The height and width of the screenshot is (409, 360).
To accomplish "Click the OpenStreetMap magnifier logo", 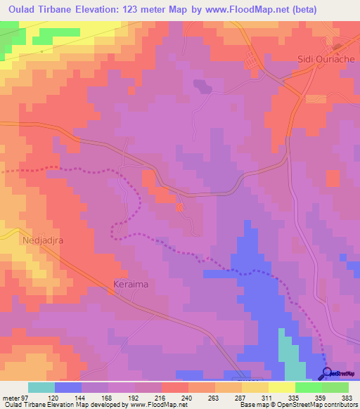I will click(327, 372).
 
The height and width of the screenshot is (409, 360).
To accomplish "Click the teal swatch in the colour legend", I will click(41, 387).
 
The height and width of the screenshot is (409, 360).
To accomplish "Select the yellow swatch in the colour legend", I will click(281, 387).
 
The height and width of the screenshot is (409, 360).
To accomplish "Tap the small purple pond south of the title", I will click(202, 86).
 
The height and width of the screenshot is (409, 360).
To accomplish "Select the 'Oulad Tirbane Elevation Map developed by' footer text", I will click(49, 405).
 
